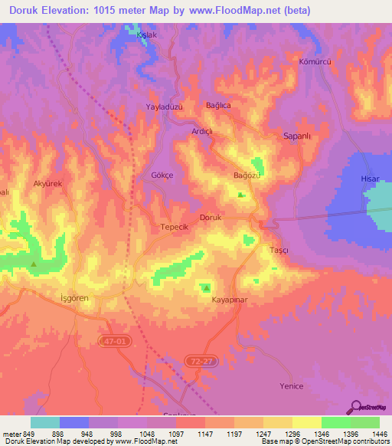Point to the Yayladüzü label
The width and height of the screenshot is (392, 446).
[165, 108]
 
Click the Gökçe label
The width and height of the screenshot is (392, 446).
[162, 175]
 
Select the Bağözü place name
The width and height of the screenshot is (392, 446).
[247, 176]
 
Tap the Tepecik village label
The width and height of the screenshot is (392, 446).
[174, 228]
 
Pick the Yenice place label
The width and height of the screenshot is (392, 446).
[292, 385]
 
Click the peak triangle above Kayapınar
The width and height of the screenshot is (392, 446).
[206, 288]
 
